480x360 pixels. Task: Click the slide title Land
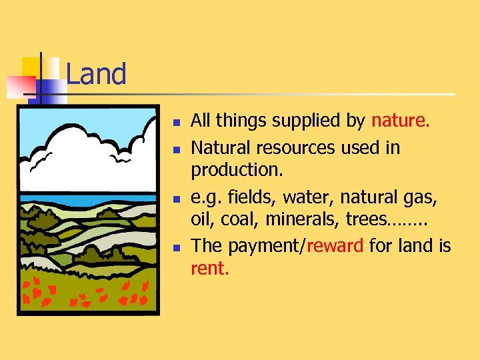pyautogui.click(x=96, y=74)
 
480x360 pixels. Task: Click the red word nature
pyautogui.click(x=401, y=121)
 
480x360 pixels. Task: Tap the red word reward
pyautogui.click(x=337, y=246)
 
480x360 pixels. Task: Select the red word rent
pyautogui.click(x=210, y=269)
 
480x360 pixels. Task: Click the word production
pyautogui.click(x=237, y=171)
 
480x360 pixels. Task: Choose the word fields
pyautogui.click(x=252, y=197)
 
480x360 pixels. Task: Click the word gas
pyautogui.click(x=419, y=197)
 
